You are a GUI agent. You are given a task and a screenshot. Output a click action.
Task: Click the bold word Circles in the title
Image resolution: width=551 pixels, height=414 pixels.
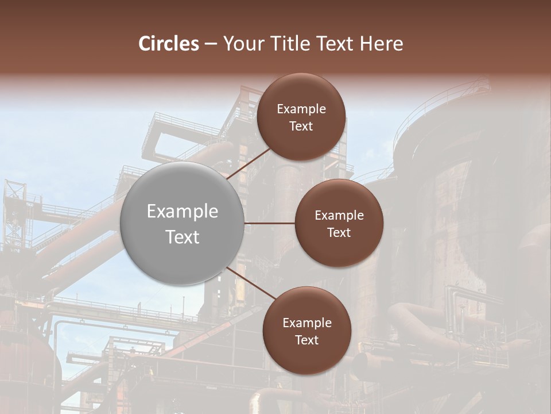pyautogui.click(x=169, y=44)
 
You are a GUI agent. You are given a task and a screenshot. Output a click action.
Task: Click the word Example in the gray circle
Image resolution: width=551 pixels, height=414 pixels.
pyautogui.click(x=183, y=212)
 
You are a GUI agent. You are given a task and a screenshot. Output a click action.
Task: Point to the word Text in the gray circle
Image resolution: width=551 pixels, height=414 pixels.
pyautogui.click(x=183, y=237)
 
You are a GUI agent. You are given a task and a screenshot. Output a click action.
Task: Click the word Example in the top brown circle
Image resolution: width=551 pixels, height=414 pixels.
pyautogui.click(x=301, y=109)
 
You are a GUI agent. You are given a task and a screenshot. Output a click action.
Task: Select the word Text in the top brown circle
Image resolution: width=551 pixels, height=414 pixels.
pyautogui.click(x=301, y=126)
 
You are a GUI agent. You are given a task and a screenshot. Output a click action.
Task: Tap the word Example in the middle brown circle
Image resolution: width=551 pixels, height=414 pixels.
pyautogui.click(x=339, y=215)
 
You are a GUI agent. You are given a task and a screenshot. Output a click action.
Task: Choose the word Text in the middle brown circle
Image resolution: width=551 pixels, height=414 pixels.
pyautogui.click(x=339, y=232)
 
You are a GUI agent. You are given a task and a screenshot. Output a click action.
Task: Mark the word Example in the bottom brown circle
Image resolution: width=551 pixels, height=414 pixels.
pyautogui.click(x=307, y=323)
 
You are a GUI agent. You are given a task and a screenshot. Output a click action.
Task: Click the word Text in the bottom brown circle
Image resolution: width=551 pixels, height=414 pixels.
pyautogui.click(x=307, y=340)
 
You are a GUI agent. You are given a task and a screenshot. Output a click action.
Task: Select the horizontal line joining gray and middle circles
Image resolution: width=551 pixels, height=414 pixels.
pyautogui.click(x=270, y=223)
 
